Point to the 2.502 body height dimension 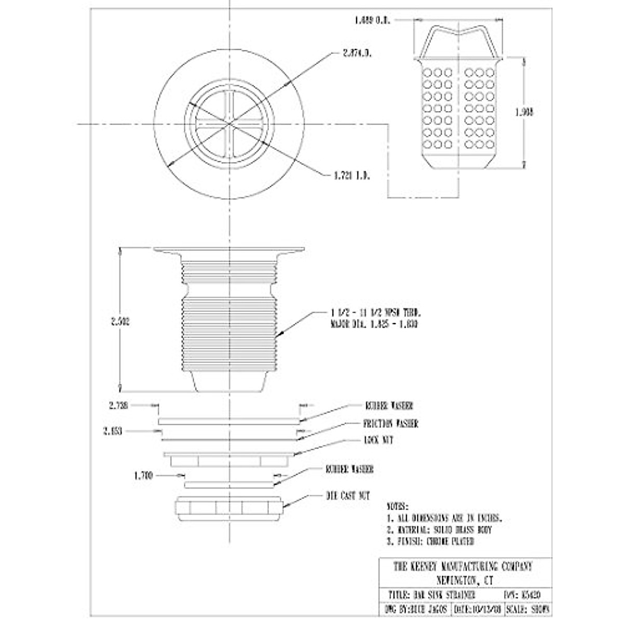point(120,321)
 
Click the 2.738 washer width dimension point(119,404)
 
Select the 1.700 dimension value point(143,475)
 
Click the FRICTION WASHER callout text point(391,424)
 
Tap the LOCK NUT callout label point(378,440)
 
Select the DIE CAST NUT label point(347,496)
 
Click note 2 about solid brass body point(439,530)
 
